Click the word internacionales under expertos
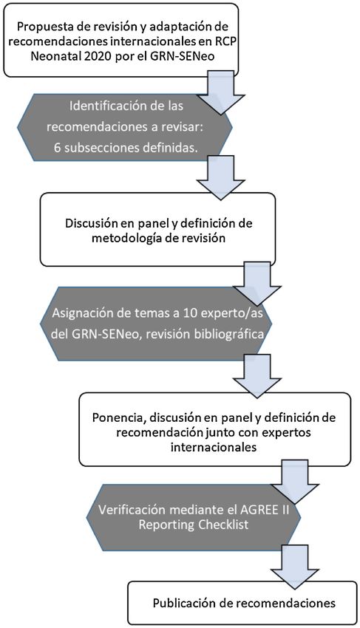(214, 447)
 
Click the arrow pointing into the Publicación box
(295, 567)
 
